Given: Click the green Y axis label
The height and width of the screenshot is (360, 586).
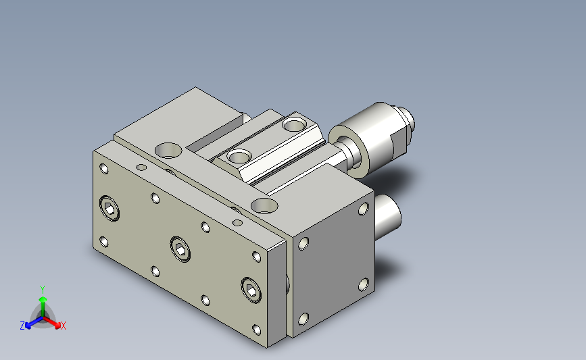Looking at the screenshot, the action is pos(43,290).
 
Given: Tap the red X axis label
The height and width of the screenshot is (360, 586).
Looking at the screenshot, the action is pos(63,326).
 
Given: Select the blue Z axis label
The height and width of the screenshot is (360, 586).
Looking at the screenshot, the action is pos(22,326).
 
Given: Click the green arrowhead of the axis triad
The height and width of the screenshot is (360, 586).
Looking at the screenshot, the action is pos(43,299).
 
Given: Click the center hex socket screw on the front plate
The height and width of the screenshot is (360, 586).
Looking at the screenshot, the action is pos(180,249).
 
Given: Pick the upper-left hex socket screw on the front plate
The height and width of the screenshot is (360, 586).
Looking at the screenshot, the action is pos(109,209).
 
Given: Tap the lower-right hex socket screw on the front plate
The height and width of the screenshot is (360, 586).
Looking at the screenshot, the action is pos(251,290).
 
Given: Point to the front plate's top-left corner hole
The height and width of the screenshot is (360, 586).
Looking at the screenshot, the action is pos(104,169).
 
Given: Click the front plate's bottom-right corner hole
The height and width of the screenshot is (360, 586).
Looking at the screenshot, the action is pos(256,330).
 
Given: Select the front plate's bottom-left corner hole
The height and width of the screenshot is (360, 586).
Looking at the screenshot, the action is pos(104,242).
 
